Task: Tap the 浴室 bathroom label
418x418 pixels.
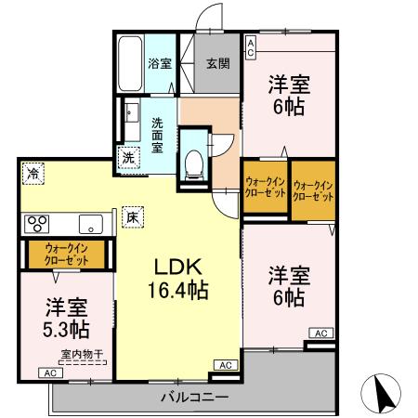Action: pos(160,63)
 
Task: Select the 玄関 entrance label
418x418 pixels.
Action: pos(217,63)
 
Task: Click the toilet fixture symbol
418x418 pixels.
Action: pos(195,163)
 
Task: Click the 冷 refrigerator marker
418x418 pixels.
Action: pos(33,172)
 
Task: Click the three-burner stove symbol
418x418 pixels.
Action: pos(38,223)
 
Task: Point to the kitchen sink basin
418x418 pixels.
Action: pos(91,223)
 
